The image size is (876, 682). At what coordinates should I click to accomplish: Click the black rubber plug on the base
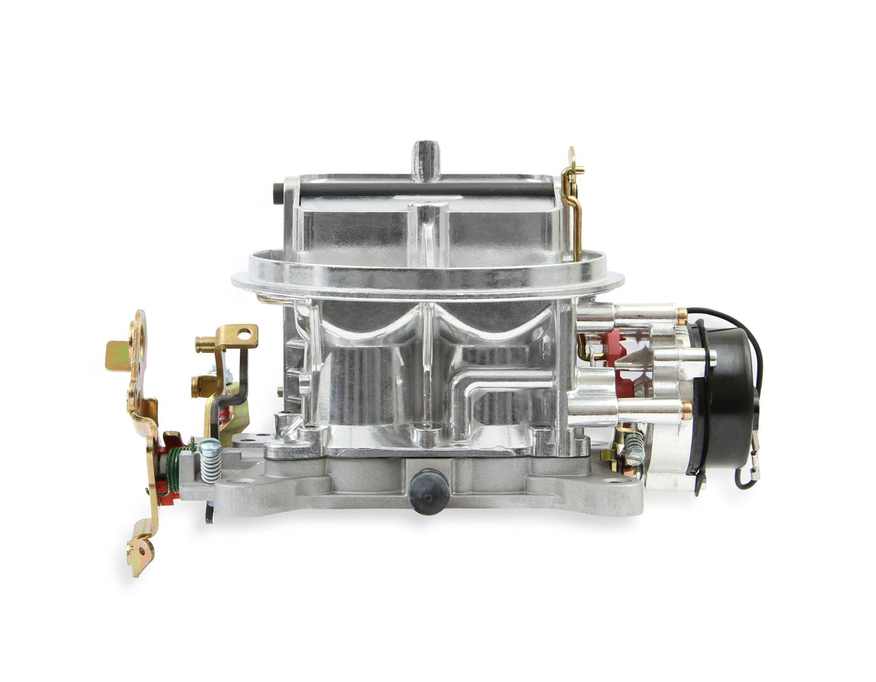click(x=429, y=492)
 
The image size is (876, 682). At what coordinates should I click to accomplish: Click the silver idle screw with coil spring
click(x=210, y=460)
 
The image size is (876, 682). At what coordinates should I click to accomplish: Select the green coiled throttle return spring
click(x=174, y=468)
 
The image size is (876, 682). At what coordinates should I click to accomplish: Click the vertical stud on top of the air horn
click(x=426, y=160)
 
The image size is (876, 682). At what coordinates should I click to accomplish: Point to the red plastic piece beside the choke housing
click(x=612, y=349)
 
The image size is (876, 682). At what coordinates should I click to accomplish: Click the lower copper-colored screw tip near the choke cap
click(x=686, y=410)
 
